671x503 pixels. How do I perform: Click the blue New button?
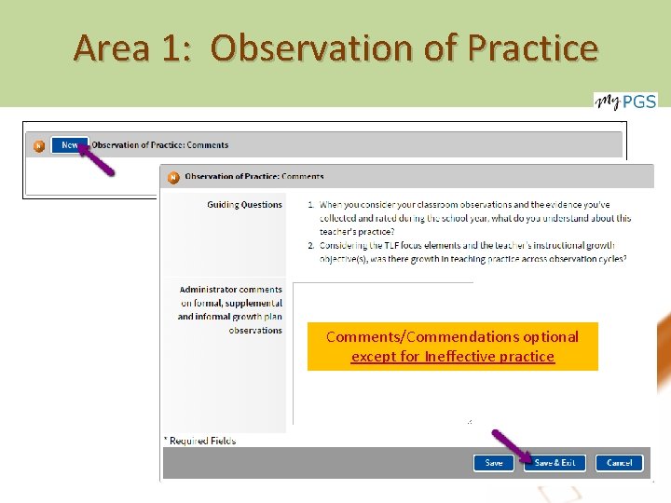click(70, 145)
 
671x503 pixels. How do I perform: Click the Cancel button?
click(619, 463)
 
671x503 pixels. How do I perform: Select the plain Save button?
click(493, 463)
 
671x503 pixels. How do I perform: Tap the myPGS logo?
click(625, 101)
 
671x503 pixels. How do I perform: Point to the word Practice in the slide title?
click(534, 48)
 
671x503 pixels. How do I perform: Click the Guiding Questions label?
click(244, 205)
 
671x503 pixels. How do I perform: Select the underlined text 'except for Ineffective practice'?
click(453, 357)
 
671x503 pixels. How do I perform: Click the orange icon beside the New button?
click(39, 145)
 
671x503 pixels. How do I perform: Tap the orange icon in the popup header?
click(173, 176)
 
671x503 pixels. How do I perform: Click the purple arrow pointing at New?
click(96, 157)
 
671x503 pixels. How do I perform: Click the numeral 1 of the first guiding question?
click(310, 205)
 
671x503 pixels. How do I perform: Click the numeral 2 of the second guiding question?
click(310, 245)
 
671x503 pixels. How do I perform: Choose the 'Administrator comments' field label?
click(230, 290)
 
